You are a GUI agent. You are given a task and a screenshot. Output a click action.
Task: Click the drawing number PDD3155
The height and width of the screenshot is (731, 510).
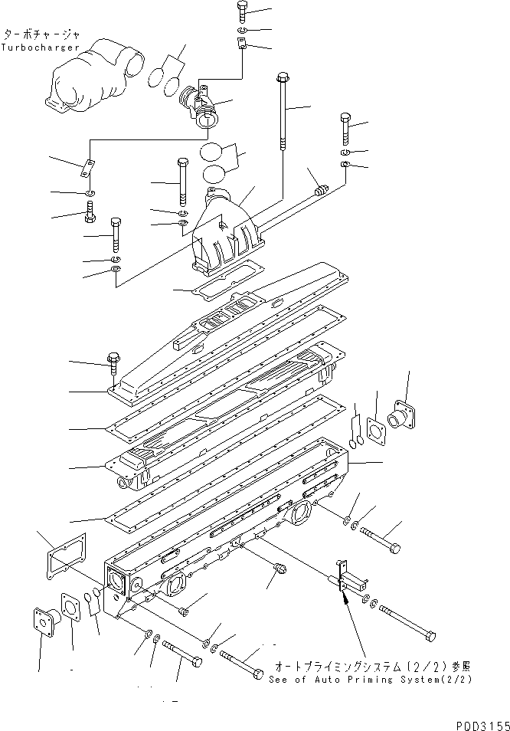(475, 723)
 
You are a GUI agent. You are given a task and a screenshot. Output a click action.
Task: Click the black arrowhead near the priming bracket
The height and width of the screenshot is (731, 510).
(346, 602)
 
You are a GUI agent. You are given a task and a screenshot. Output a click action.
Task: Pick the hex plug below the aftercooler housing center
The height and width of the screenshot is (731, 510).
(280, 569)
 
